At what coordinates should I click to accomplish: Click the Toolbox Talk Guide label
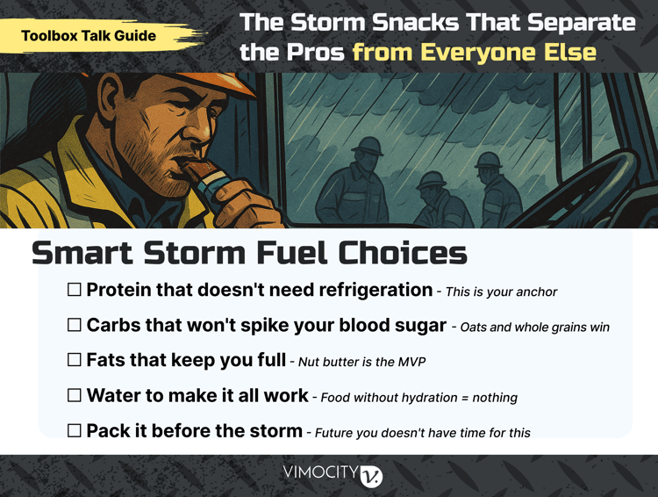[x=89, y=36]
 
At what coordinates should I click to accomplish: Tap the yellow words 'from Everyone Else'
[x=474, y=52]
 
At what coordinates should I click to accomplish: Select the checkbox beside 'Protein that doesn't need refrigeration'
[x=75, y=290]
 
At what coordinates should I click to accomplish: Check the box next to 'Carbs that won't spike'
[x=75, y=325]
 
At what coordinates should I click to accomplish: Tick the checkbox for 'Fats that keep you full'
[x=75, y=360]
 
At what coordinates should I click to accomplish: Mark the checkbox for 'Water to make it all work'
[x=75, y=395]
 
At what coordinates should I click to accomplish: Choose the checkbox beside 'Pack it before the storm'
[x=75, y=430]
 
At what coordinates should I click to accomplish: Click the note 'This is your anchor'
[x=501, y=292]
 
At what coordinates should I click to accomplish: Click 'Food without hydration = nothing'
[x=418, y=397]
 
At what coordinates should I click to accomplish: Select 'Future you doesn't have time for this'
[x=422, y=432]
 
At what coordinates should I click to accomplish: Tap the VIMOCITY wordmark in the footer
[x=320, y=474]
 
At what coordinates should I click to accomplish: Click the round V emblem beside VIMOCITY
[x=372, y=475]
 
